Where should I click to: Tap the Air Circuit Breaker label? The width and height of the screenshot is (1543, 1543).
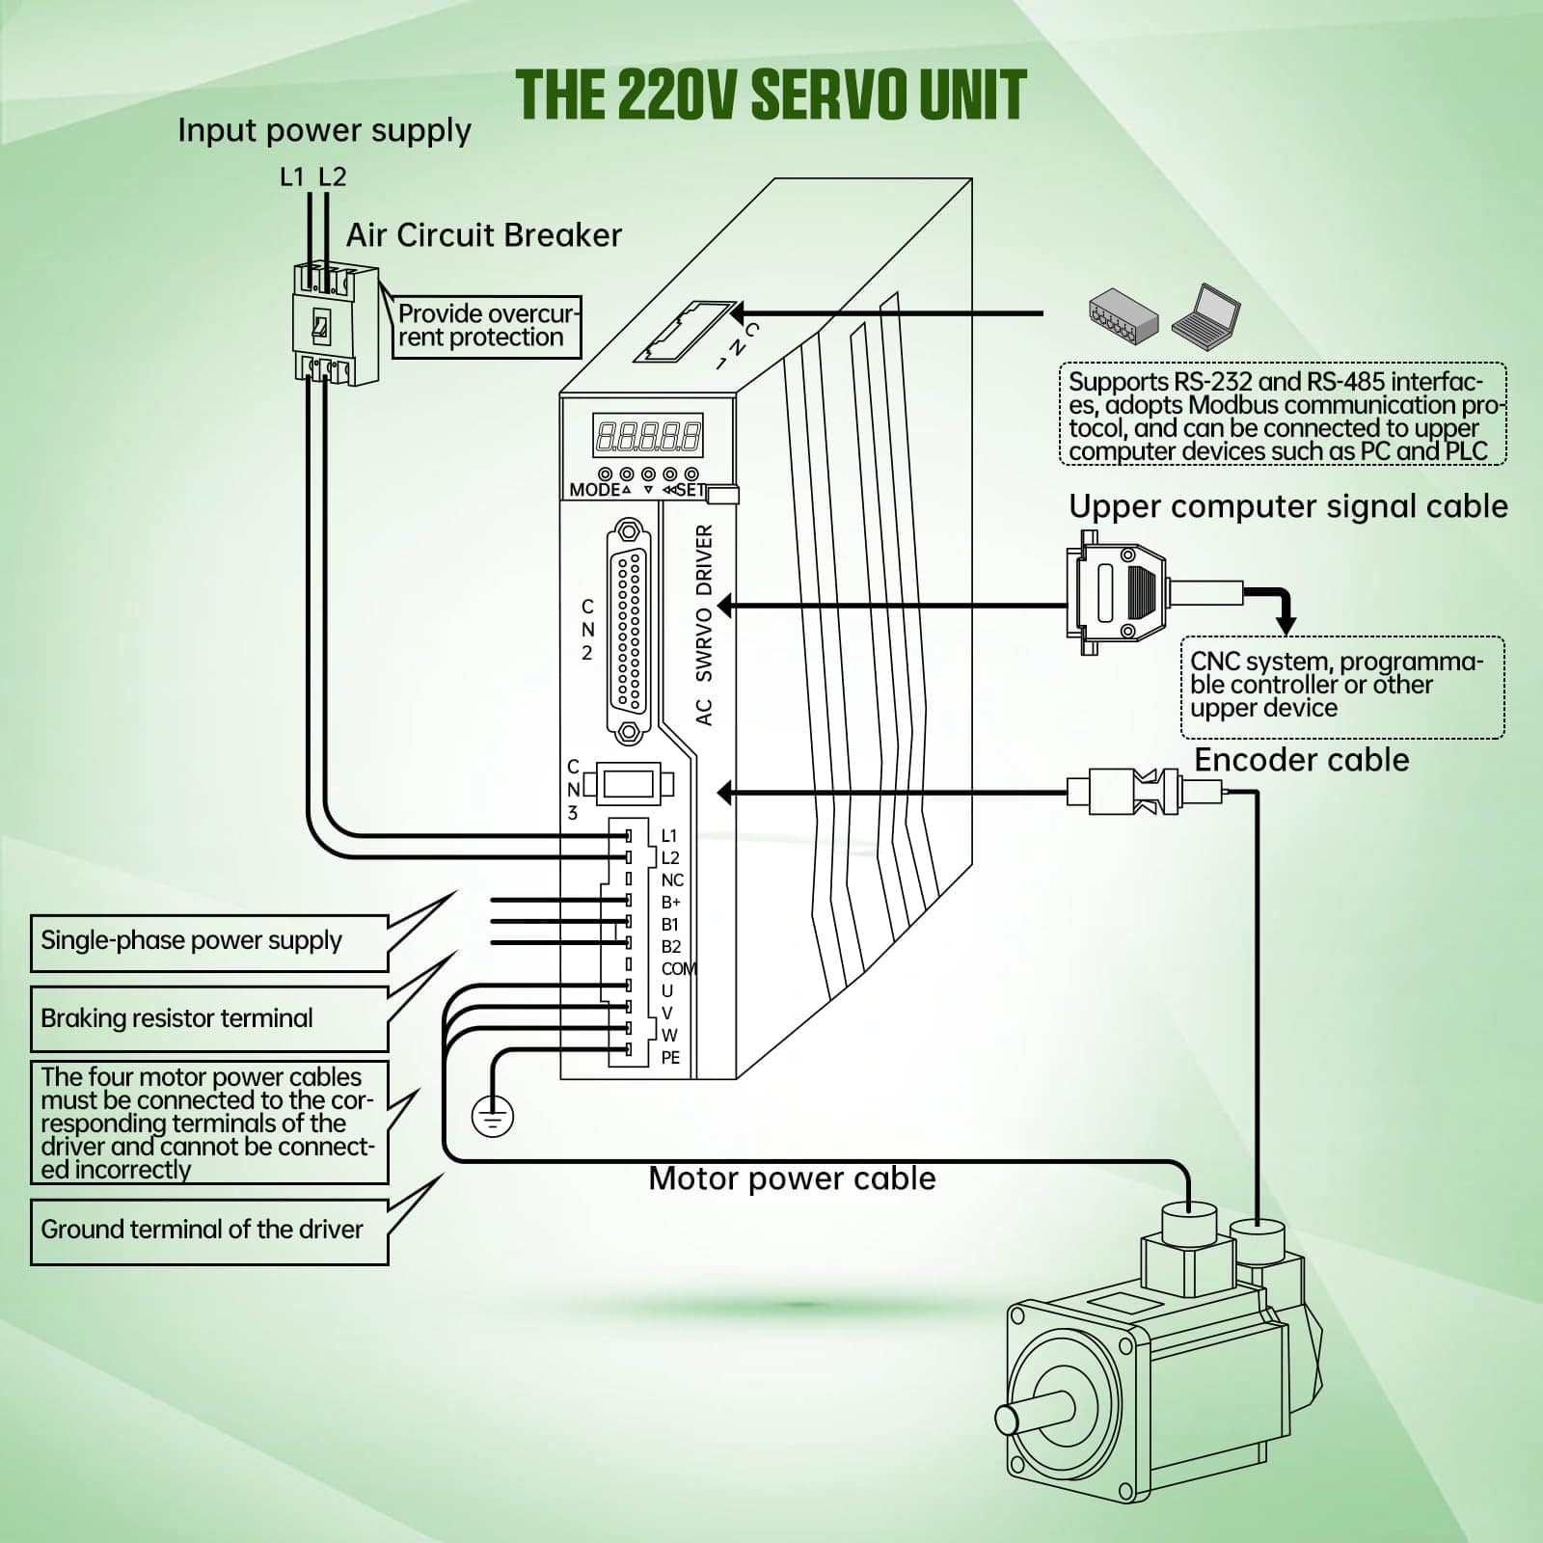tap(483, 234)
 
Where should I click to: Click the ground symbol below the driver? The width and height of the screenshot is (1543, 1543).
tap(492, 1117)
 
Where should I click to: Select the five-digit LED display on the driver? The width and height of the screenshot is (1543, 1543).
tap(647, 436)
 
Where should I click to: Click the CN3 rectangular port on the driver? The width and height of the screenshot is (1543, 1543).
tap(629, 783)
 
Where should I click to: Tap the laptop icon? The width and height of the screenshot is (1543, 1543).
tap(1205, 312)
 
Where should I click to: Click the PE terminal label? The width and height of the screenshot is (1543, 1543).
tap(670, 1058)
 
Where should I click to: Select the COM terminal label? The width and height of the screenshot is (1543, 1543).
tap(678, 968)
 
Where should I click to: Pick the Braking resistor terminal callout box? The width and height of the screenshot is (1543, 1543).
tap(208, 1018)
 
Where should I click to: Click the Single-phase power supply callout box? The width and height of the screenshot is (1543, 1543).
tap(208, 941)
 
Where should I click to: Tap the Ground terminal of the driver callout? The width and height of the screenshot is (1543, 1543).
tap(208, 1231)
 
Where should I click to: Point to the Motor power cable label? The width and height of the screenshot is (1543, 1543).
tap(792, 1178)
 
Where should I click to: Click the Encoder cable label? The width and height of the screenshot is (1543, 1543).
tap(1301, 760)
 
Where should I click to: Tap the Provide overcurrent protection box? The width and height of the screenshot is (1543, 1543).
tap(485, 326)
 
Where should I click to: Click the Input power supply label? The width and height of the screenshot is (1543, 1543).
tap(324, 130)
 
